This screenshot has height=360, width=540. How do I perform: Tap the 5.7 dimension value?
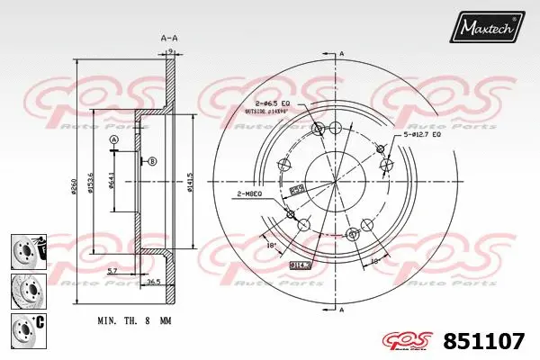point(110,271)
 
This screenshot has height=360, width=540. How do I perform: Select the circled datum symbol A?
point(114,141)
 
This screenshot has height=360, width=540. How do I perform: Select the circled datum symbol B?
point(152,160)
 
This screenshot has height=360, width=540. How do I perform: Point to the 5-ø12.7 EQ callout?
point(422,134)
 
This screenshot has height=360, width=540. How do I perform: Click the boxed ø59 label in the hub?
point(296,190)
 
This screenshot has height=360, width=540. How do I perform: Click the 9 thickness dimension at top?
point(169,52)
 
